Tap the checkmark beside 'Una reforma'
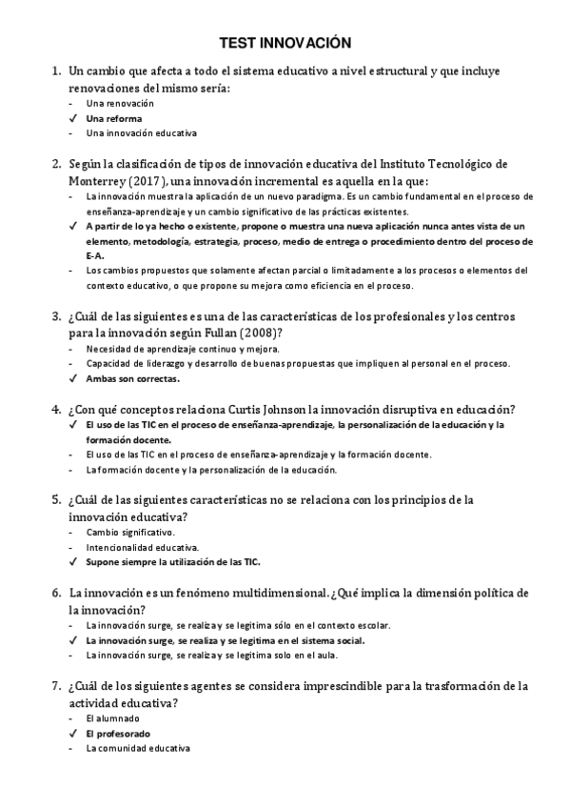pos(72,118)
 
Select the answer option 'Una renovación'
pos(120,103)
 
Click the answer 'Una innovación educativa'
pos(141,133)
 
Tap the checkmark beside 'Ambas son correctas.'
pos(72,378)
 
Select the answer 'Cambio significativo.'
pos(130,532)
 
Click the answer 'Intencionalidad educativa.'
pos(142,547)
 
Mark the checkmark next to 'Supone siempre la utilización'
pos(72,562)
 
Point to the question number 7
pos(56,685)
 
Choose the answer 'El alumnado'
pos(112,717)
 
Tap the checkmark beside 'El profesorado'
pos(72,734)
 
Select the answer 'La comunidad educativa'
pos(138,749)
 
